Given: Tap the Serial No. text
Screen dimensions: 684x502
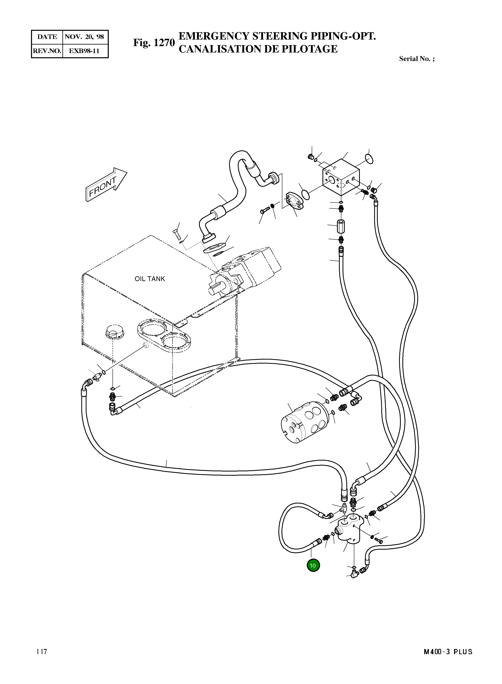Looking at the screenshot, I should pos(417,59).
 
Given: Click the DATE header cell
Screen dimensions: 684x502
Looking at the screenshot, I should pos(47,37).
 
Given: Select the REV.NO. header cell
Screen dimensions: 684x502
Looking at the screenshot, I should pos(47,51).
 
